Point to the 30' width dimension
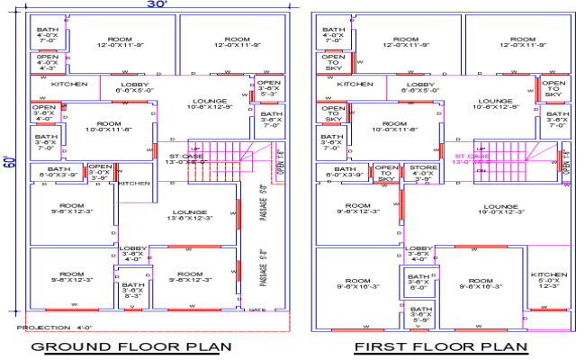pyautogui.click(x=157, y=5)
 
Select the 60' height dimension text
pyautogui.click(x=10, y=162)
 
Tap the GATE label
pyautogui.click(x=256, y=309)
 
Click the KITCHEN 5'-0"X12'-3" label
pyautogui.click(x=549, y=280)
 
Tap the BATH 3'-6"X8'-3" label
pyautogui.click(x=132, y=290)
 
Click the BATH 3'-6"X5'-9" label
pyautogui.click(x=419, y=314)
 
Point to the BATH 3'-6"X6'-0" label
pyautogui.click(x=419, y=281)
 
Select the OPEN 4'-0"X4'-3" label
pyautogui.click(x=47, y=62)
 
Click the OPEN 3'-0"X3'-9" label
pyautogui.click(x=100, y=171)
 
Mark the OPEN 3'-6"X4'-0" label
pyautogui.click(x=44, y=112)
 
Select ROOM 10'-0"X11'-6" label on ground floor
pyautogui.click(x=109, y=127)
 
